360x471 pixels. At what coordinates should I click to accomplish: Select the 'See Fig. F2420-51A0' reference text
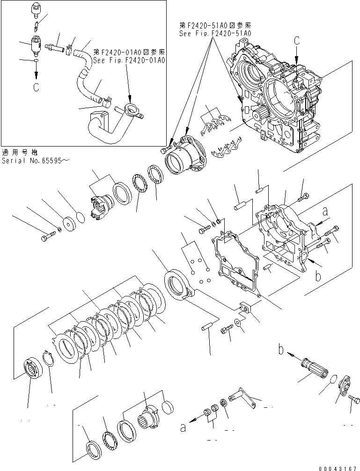(215, 34)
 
